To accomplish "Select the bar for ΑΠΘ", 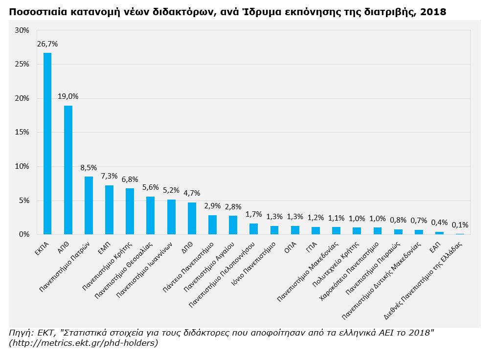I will click(x=68, y=170).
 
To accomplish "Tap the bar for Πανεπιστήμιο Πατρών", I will click(x=89, y=205).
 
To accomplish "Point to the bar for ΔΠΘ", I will click(x=192, y=218).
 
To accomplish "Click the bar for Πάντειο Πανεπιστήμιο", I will click(x=212, y=225).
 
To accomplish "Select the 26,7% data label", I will click(x=47, y=44).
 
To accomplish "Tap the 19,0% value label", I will click(x=68, y=96).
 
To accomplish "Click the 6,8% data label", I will click(x=130, y=180).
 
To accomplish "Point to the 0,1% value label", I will click(x=460, y=225).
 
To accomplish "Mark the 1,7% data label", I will click(x=253, y=214).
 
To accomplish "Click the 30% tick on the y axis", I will click(x=22, y=30).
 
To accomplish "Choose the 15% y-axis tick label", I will click(x=22, y=133).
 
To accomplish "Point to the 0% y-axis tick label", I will click(x=24, y=235).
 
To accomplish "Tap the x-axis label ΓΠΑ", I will click(x=311, y=244).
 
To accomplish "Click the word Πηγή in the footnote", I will click(x=19, y=333).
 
